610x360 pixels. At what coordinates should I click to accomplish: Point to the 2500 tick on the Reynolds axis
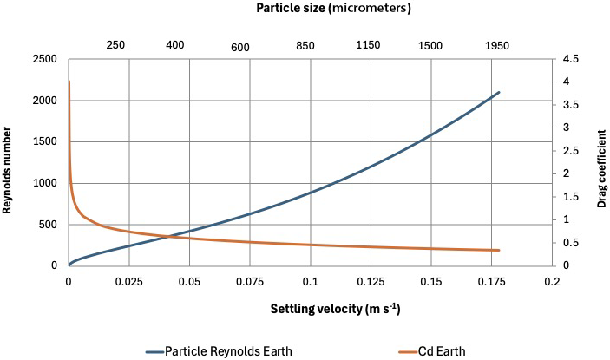tap(45, 59)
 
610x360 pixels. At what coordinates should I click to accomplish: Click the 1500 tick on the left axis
tap(45, 141)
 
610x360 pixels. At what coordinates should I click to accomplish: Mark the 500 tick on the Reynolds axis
tap(48, 225)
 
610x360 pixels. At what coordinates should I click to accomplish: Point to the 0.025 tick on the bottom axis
tap(128, 283)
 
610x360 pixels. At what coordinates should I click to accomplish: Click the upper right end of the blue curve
tap(500, 92)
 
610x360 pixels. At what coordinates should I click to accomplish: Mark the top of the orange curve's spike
tap(69, 82)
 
